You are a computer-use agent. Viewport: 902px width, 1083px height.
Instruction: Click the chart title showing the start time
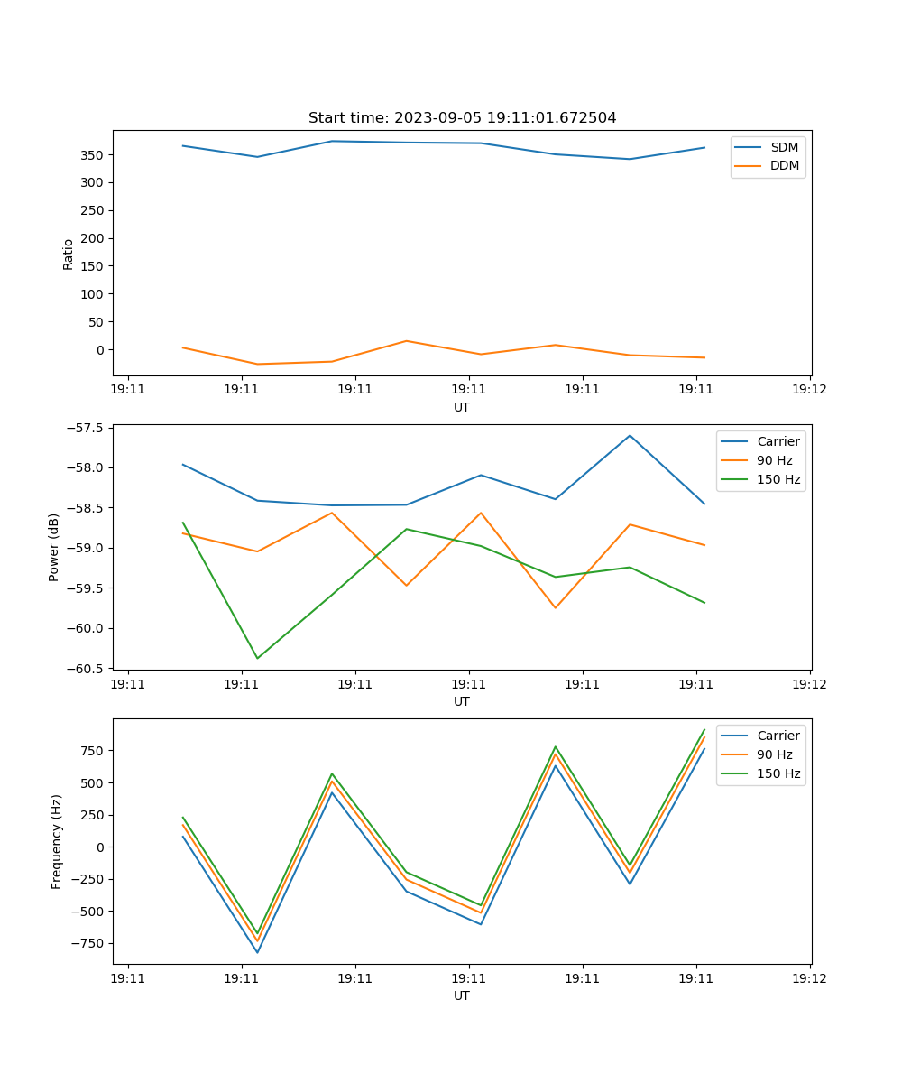click(462, 118)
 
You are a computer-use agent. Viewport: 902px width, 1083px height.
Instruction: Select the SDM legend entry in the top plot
click(784, 147)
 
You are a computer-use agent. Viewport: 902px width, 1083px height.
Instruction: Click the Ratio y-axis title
click(69, 254)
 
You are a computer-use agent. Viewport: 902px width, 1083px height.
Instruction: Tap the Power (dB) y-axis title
click(54, 547)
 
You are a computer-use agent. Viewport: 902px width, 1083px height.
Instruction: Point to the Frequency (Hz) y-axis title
click(57, 841)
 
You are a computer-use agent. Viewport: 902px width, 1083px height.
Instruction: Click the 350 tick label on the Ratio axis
click(93, 155)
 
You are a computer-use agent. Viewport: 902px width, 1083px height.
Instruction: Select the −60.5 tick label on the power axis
click(87, 669)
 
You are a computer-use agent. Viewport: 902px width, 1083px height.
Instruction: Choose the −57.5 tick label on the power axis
click(87, 428)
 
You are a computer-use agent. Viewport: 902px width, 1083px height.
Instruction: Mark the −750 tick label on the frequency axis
click(87, 944)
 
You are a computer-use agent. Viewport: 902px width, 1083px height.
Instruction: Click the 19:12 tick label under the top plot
click(809, 390)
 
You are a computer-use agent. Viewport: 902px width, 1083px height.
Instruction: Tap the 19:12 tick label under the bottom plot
click(809, 978)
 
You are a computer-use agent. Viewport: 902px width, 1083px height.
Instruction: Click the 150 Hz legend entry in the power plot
click(778, 480)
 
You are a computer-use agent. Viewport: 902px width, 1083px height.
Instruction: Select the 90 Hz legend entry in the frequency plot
click(774, 754)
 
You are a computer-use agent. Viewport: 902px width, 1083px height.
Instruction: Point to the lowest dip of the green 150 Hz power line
click(257, 658)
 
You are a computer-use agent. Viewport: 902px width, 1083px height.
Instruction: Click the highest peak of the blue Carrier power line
click(630, 435)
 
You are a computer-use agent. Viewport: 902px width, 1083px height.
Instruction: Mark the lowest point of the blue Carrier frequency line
click(257, 952)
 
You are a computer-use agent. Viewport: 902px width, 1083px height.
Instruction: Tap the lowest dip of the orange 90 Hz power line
click(555, 607)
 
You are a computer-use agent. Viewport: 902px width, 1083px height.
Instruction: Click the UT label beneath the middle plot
click(462, 701)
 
